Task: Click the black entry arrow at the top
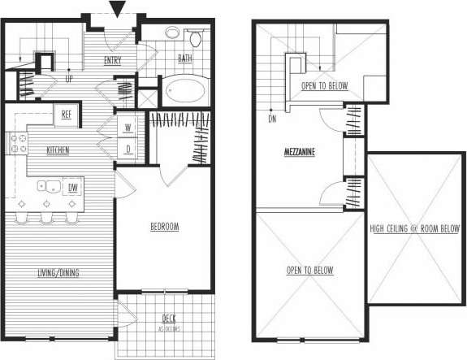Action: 118,10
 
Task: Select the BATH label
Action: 185,59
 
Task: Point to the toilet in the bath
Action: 195,38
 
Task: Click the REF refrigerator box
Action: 67,115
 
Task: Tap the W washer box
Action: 129,128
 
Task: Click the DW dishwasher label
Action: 73,188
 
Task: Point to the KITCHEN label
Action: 57,150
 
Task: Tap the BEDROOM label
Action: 164,228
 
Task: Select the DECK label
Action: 169,319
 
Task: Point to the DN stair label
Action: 271,119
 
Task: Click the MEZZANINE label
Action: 300,151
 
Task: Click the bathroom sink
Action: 173,34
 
